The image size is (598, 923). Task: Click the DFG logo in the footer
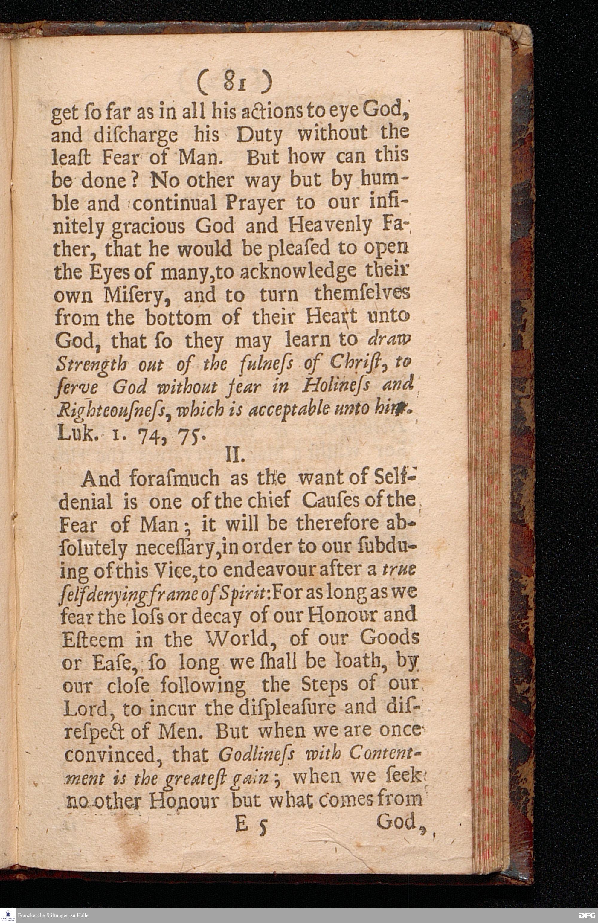pos(586,915)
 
